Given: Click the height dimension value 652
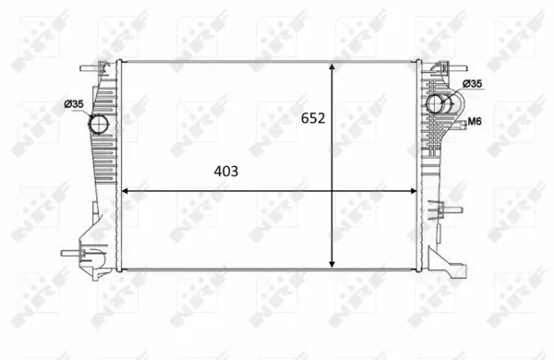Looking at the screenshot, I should point(313,119).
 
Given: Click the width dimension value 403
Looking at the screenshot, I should point(226,172).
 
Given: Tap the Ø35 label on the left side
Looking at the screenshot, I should point(74,103).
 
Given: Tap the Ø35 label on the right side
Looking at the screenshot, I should point(471,84).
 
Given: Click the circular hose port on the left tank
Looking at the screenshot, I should point(98,124).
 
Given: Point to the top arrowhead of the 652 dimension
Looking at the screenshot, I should point(333,68).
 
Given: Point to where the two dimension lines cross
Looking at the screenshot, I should point(333,191).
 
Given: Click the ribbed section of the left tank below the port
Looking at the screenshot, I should point(103,171).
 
